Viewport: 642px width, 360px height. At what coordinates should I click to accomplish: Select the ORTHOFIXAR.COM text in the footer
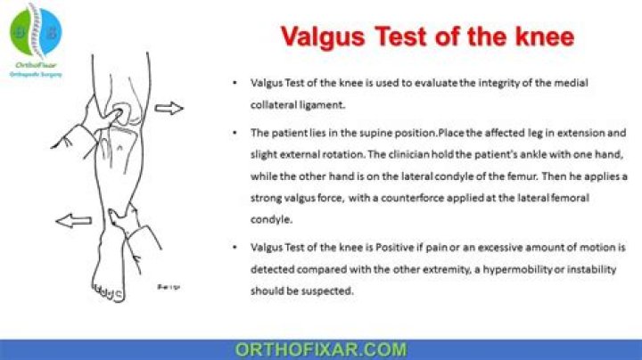click(x=320, y=349)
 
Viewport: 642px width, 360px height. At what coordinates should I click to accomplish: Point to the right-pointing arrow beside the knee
click(x=169, y=109)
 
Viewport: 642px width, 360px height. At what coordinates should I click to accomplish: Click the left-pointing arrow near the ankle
click(x=72, y=220)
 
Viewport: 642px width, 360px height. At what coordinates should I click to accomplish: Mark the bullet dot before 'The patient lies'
click(x=234, y=133)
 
